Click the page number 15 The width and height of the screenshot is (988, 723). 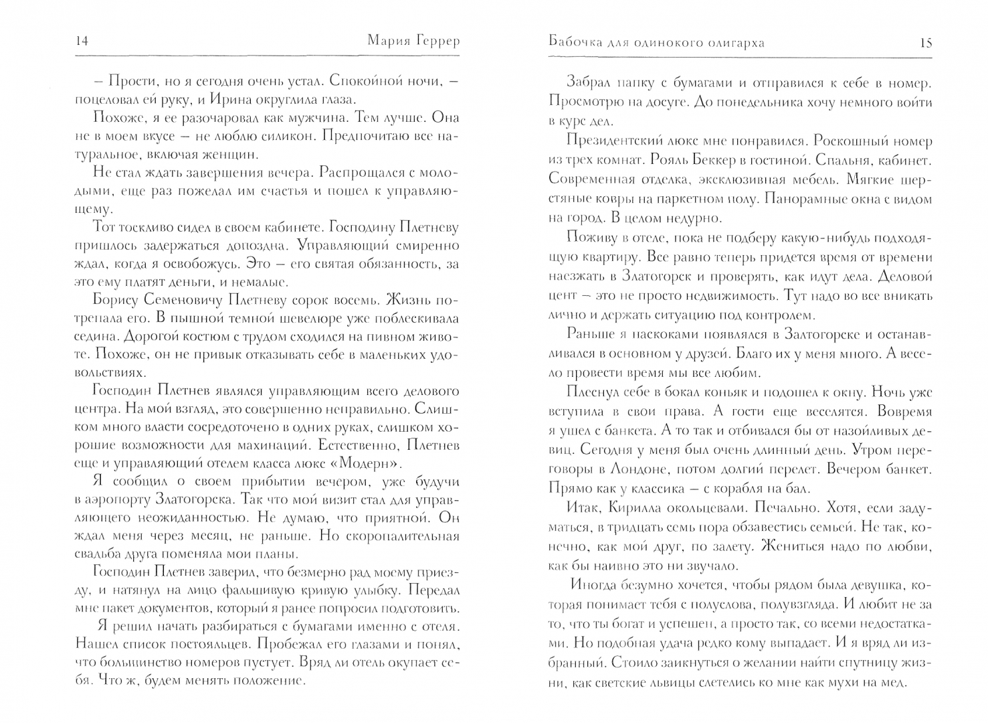coord(926,43)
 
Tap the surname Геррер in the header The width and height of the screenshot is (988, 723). coord(435,42)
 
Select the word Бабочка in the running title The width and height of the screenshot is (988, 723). coord(577,43)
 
